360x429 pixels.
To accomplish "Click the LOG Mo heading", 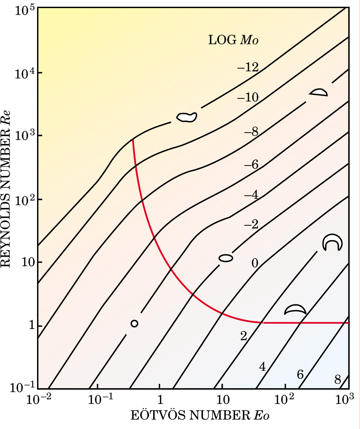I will [233, 40].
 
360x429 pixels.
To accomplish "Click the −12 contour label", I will [248, 68].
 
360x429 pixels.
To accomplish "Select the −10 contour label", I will [248, 98].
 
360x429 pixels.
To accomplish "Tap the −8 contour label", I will [251, 133].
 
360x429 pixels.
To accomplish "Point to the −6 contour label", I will [251, 165].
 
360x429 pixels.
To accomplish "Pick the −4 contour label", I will [251, 195].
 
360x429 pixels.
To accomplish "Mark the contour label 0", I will [255, 263].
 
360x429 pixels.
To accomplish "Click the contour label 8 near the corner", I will [338, 380].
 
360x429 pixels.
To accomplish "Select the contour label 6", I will [300, 374].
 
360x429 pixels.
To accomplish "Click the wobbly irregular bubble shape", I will [187, 117].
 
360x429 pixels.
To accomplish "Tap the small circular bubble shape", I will [134, 323].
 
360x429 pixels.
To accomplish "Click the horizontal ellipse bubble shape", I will [226, 258].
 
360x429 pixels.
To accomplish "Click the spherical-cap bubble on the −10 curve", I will [319, 92].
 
